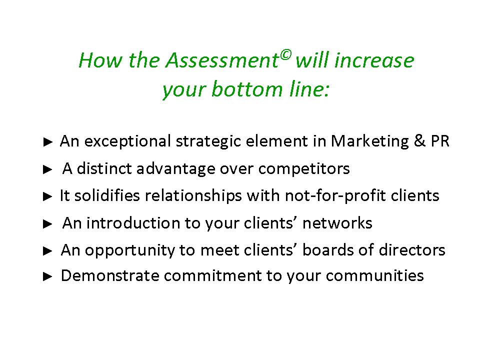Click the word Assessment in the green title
point(222,60)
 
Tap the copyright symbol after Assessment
point(285,55)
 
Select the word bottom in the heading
point(247,89)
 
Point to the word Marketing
point(370,141)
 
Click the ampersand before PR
point(419,141)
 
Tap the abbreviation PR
point(440,141)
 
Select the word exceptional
point(127,141)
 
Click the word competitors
point(304,168)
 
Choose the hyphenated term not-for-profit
point(335,196)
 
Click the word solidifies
point(107,195)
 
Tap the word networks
point(337,223)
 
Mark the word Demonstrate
point(110,275)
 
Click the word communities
point(375,275)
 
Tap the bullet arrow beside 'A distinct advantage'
point(48,169)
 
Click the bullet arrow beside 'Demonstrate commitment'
point(48,276)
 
